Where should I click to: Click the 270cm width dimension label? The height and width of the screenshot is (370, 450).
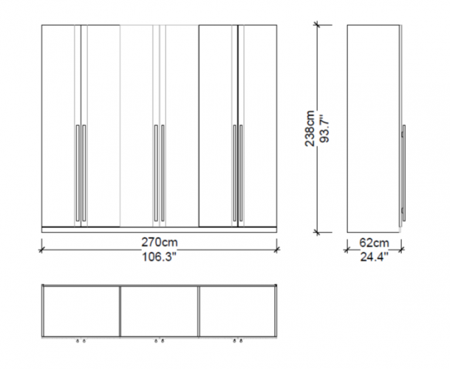pos(160,243)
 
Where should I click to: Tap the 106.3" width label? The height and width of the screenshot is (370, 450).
pos(159,257)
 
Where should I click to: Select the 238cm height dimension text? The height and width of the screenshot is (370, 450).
pos(310,129)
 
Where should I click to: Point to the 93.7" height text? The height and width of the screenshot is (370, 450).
pos(324,129)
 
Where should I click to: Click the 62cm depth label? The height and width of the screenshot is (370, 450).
pos(374,243)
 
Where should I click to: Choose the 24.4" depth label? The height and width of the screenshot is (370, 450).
pos(374,257)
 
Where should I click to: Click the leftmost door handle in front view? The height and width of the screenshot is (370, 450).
pos(78,173)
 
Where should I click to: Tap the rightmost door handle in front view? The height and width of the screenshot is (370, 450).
pos(241,173)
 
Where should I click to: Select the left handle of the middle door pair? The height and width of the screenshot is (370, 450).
pos(156,173)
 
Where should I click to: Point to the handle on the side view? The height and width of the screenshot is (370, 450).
pos(403,173)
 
